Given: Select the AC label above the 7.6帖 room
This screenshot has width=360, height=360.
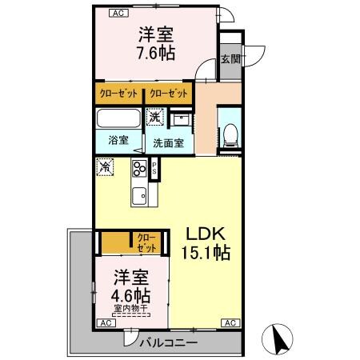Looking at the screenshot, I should (x=118, y=14).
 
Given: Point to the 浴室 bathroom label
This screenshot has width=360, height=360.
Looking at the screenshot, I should (x=118, y=139).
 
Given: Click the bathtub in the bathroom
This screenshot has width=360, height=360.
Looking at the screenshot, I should (x=119, y=119).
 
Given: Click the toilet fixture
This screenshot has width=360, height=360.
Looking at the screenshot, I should (x=230, y=133).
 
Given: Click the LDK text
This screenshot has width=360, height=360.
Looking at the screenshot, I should (x=210, y=234).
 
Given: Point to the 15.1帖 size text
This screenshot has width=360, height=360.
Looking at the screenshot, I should (x=210, y=254).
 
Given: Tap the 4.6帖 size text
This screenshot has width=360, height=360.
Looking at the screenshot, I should (x=130, y=294).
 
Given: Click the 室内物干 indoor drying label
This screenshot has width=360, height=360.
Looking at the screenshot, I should (x=130, y=309).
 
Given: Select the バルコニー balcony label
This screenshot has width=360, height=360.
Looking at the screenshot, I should (x=170, y=342).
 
